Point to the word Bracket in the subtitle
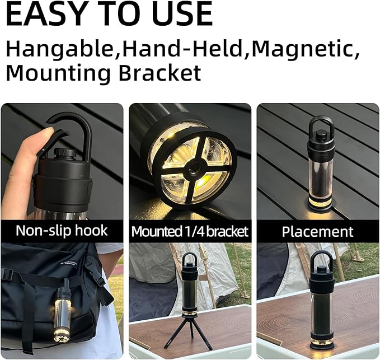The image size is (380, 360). click(x=160, y=72)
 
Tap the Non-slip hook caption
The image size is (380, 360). click(x=62, y=230)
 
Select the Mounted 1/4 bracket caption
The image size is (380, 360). click(x=190, y=231)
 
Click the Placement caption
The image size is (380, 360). click(x=317, y=232)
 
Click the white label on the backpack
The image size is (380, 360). click(x=68, y=264)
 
